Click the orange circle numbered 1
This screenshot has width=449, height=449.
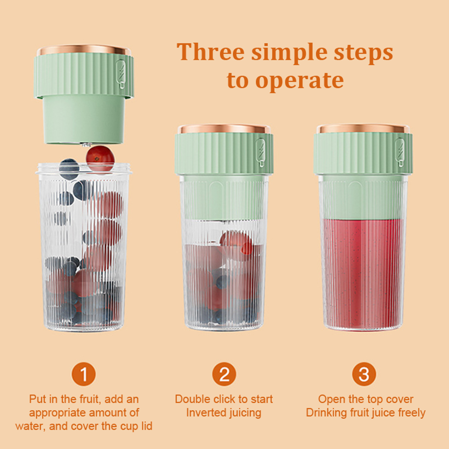(x=84, y=374)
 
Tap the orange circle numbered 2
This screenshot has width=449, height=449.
(x=224, y=374)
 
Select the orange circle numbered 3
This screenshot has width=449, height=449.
(x=364, y=374)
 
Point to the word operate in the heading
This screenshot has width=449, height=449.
(x=299, y=81)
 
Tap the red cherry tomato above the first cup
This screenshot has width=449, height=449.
(x=100, y=158)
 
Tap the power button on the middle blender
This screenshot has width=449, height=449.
(x=260, y=152)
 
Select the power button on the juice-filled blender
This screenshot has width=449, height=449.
(x=400, y=152)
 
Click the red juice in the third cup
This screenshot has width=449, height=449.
(x=363, y=274)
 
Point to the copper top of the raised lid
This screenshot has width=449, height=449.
(x=84, y=50)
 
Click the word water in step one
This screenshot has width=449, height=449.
(x=30, y=427)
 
